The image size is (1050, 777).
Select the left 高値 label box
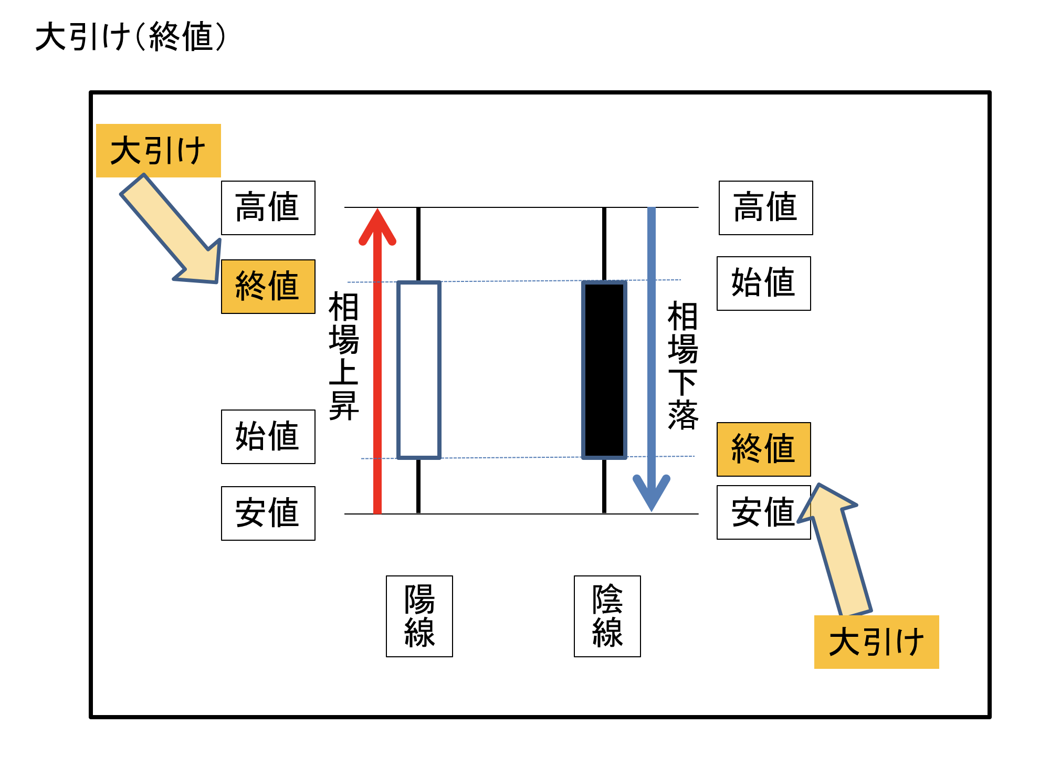click(x=268, y=208)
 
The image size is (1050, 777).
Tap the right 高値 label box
click(x=765, y=208)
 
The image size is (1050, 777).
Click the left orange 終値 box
click(x=268, y=287)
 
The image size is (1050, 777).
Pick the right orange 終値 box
click(x=763, y=449)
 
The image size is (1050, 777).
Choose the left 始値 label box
click(x=268, y=437)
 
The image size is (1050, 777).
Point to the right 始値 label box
click(x=763, y=283)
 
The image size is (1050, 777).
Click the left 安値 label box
click(x=268, y=513)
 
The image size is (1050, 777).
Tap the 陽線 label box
click(x=419, y=616)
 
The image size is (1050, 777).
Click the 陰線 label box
click(x=607, y=616)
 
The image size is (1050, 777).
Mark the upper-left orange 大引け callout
click(x=158, y=151)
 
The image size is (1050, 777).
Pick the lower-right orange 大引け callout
click(x=876, y=642)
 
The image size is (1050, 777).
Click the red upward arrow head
click(x=377, y=228)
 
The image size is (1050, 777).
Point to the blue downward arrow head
click(x=651, y=491)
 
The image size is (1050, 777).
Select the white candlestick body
click(x=418, y=370)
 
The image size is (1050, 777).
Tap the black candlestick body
click(x=604, y=370)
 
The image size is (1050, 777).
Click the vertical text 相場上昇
click(x=343, y=357)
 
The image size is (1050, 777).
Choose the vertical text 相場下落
click(x=682, y=365)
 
